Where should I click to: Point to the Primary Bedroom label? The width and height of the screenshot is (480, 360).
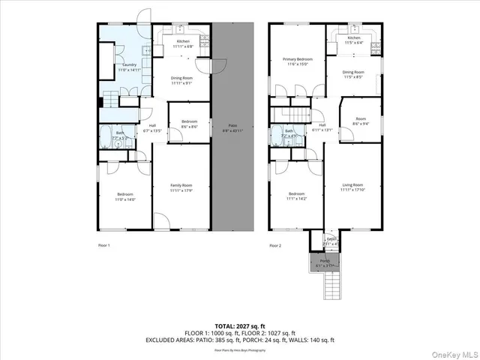[297, 60]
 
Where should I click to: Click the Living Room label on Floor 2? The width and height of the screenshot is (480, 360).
[352, 187]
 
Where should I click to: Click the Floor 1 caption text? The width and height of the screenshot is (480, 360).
[104, 245]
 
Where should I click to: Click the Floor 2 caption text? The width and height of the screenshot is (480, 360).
[275, 245]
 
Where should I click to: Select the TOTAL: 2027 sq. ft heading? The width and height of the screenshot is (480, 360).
[239, 326]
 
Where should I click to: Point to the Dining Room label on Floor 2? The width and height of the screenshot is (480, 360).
[353, 73]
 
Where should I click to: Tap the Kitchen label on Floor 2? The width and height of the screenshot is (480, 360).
[353, 39]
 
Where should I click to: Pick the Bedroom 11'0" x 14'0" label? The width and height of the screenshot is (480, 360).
[124, 196]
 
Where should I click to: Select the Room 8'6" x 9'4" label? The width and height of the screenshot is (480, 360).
[360, 121]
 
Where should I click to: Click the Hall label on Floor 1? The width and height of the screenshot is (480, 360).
[152, 127]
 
